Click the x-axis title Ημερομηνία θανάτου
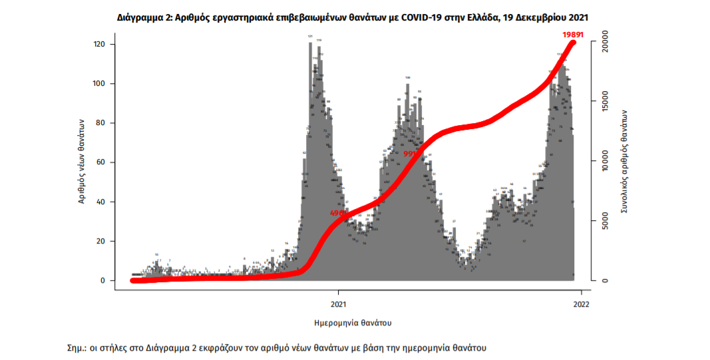pyautogui.click(x=352, y=323)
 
